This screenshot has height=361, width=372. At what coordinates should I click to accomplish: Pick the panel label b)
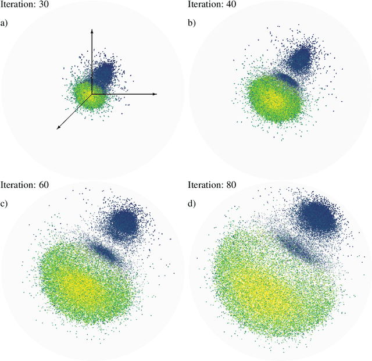[x=192, y=23]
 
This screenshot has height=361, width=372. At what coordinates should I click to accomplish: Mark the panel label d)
[x=192, y=203]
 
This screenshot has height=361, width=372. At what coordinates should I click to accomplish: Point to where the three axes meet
[x=92, y=94]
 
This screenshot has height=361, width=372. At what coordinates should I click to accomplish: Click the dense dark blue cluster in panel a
[x=105, y=74]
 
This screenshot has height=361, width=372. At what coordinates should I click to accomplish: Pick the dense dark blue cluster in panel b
[x=301, y=58]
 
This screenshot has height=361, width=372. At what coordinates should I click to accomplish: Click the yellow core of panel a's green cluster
[x=84, y=93]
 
